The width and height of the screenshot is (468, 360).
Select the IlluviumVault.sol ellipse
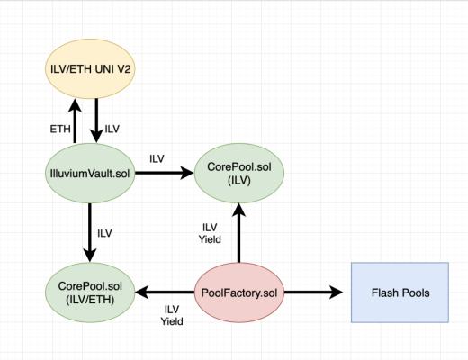tap(93, 173)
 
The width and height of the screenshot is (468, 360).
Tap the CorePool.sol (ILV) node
tap(238, 173)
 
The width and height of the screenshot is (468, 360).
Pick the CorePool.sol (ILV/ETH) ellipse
tap(94, 292)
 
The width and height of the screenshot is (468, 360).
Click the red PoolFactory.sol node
tap(238, 292)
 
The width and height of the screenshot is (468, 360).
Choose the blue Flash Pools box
tap(400, 292)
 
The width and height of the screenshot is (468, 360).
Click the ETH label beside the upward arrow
tap(59, 129)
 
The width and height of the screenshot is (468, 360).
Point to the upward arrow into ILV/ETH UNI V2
tap(76, 121)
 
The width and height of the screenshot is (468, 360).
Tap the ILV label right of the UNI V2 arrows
tap(112, 129)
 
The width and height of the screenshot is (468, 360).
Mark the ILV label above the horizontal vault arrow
tap(157, 158)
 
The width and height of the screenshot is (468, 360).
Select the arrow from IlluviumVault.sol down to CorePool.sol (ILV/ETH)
tap(94, 232)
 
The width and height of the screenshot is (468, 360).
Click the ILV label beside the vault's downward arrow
tap(104, 233)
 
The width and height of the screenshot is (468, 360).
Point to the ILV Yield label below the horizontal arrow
tap(171, 314)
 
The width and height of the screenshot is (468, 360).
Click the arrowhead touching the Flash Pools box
tap(338, 292)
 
